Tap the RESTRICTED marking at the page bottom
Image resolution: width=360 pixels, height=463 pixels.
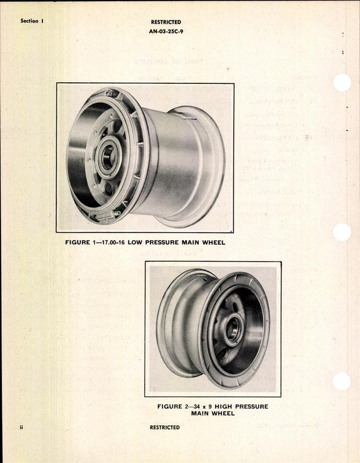point(165,428)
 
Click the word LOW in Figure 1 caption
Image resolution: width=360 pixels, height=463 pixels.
point(141,242)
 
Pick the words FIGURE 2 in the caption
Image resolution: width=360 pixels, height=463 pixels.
point(169,407)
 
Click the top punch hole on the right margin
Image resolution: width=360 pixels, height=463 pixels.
point(342,83)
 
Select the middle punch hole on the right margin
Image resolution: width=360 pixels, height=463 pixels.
point(342,232)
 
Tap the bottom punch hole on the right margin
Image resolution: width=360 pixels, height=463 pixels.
point(342,381)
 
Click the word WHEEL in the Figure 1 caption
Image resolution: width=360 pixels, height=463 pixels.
point(212,242)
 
